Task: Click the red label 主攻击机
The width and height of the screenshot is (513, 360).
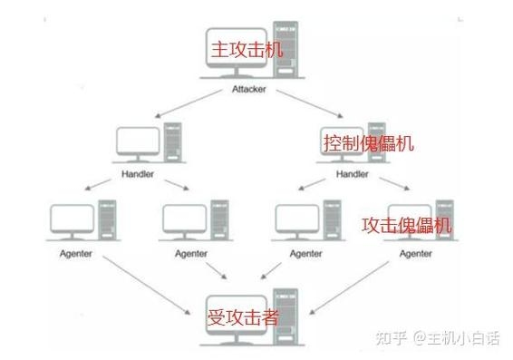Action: pos(247,49)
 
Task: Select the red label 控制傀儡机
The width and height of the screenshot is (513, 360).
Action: pos(368,142)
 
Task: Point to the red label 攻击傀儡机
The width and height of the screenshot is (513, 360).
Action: pos(406,225)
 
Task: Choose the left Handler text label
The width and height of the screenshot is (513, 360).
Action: pos(137,173)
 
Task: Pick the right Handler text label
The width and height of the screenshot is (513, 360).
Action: pos(353,173)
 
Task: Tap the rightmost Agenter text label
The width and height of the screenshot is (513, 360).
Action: pos(416,253)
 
